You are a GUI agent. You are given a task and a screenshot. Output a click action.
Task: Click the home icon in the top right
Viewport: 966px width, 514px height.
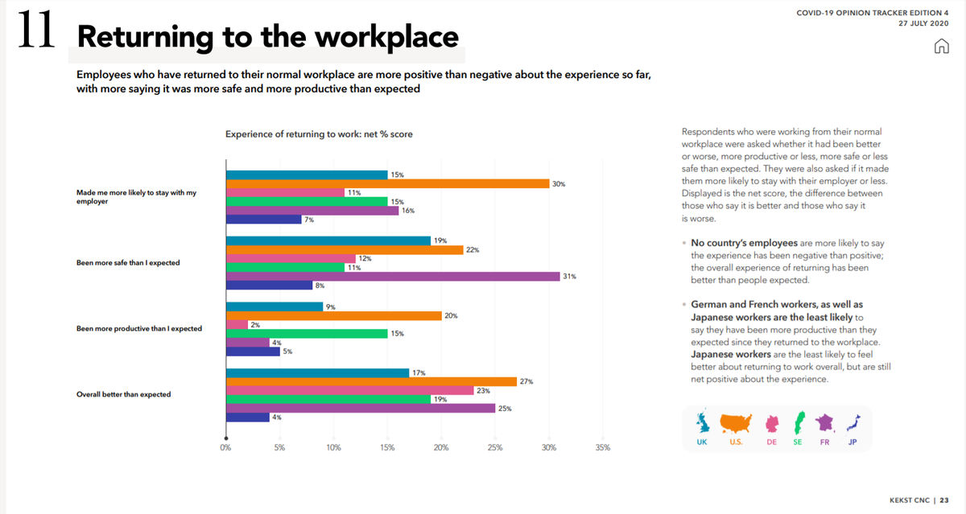click(x=940, y=46)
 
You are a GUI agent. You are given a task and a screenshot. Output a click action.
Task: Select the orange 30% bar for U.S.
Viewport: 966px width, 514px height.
click(x=387, y=183)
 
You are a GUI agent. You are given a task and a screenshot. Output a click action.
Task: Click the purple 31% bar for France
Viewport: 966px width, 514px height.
click(x=393, y=276)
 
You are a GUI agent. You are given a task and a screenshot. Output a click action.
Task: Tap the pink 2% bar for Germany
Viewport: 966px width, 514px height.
click(x=237, y=324)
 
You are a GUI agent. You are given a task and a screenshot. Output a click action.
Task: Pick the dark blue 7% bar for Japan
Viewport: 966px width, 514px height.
click(x=263, y=219)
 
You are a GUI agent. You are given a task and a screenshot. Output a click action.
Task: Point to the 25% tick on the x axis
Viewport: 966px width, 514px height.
click(x=494, y=447)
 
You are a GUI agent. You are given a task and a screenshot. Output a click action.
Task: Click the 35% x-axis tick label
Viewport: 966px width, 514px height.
click(x=602, y=447)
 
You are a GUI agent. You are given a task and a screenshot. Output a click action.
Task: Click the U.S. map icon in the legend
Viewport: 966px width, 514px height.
click(x=735, y=422)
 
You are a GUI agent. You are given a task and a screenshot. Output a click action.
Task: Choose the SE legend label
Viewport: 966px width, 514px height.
click(x=797, y=442)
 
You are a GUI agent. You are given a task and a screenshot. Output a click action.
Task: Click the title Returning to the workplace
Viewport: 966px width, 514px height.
click(x=267, y=37)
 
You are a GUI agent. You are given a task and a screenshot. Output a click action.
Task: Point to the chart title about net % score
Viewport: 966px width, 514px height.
click(x=319, y=134)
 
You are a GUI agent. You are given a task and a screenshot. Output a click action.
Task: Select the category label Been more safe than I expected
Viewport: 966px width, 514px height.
click(x=128, y=263)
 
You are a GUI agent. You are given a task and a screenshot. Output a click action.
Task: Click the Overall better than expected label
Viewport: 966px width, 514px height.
click(x=123, y=394)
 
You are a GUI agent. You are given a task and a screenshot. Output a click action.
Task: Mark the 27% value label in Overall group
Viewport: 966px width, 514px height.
click(x=526, y=381)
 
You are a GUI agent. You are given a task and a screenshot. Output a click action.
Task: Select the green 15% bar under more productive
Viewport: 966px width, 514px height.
click(x=307, y=333)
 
